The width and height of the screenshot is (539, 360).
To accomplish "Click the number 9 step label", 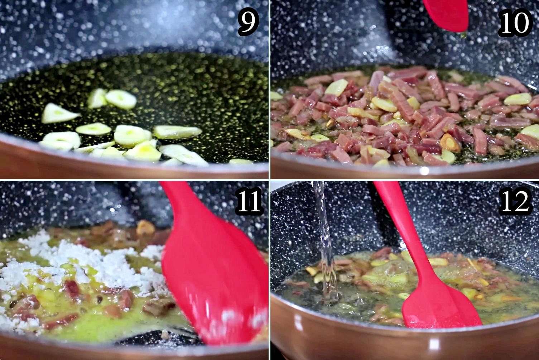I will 248,22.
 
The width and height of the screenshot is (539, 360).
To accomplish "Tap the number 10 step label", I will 515,23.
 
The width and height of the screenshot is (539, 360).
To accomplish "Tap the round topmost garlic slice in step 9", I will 120,99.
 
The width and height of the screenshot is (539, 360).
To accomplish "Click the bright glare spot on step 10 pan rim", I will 424,171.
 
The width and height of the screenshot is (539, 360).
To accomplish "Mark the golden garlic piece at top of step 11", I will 145,227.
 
